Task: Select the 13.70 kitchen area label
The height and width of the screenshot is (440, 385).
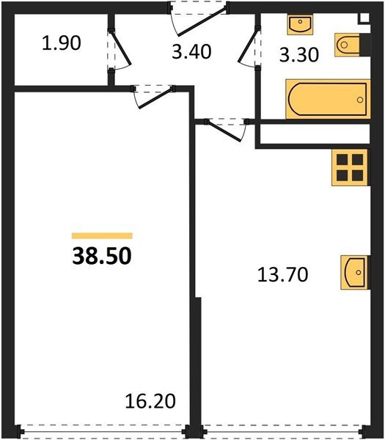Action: click(x=282, y=275)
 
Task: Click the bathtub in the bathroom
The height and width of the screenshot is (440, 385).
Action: click(x=325, y=99)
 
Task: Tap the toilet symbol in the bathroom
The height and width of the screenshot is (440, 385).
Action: click(x=347, y=45)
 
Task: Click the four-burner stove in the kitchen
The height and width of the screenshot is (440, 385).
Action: click(x=349, y=166)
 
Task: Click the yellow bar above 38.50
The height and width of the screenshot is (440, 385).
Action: click(x=102, y=235)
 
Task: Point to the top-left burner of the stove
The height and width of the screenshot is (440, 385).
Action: click(x=342, y=159)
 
